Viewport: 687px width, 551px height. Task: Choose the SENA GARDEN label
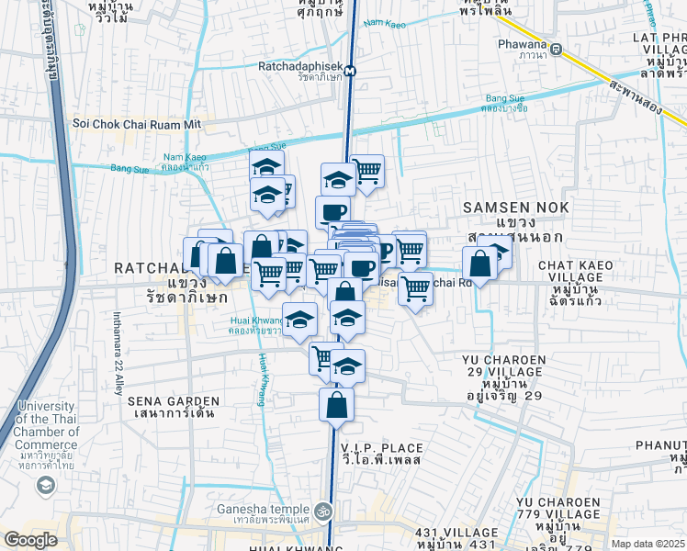coord(174,408)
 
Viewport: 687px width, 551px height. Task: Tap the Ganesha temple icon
coord(322,510)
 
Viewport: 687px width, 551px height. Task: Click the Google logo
coord(30,539)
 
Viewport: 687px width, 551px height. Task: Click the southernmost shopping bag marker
coord(337,404)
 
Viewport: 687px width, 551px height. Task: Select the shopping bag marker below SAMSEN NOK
coord(479,264)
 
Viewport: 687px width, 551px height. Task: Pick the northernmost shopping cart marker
coord(366,171)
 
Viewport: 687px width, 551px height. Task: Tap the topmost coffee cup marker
coord(332,212)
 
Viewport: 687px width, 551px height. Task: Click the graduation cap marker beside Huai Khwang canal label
coord(299,320)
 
